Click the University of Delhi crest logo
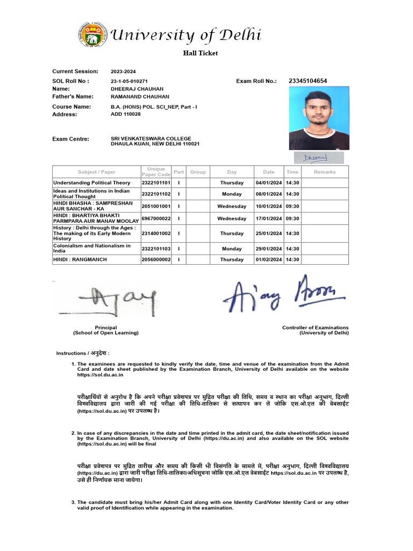tap(92, 35)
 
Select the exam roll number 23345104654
tap(308, 81)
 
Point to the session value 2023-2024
tap(124, 72)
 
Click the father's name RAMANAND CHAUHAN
tap(137, 97)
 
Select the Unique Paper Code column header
tap(156, 172)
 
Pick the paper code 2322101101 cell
tap(156, 183)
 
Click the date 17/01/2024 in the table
tap(269, 218)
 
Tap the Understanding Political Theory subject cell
tap(92, 183)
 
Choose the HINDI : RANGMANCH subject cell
tap(80, 259)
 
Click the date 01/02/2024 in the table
tap(269, 259)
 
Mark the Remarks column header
tap(325, 172)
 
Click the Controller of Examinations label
tap(315, 328)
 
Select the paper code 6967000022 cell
tap(156, 218)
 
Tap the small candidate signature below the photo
tap(315, 158)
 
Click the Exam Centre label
tap(70, 139)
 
